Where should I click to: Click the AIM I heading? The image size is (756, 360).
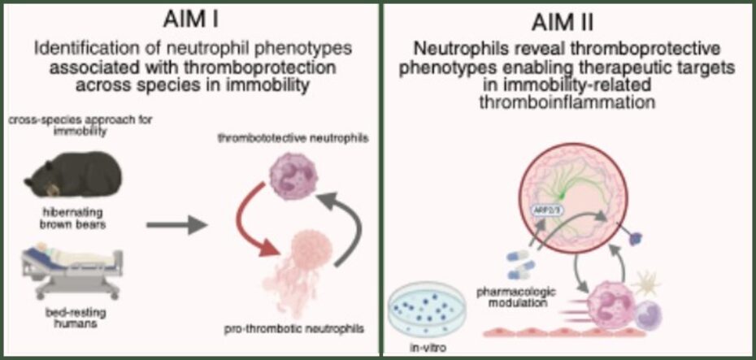[189, 19]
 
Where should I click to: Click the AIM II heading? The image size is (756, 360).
[567, 19]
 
